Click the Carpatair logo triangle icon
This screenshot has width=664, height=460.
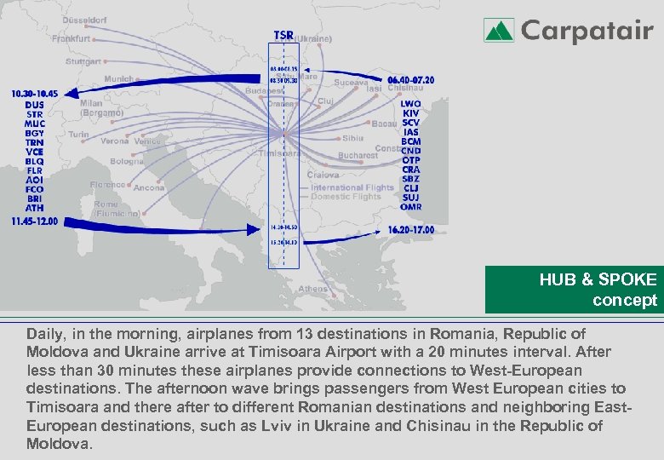tap(499, 31)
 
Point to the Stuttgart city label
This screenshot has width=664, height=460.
tap(83, 61)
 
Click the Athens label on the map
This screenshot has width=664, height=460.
tap(312, 289)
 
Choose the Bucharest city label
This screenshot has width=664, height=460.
tap(358, 156)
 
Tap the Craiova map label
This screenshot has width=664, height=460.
tap(323, 175)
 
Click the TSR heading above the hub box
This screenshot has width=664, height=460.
tap(283, 35)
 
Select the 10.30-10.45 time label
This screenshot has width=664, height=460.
tap(35, 93)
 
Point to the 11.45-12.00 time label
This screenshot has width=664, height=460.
tap(35, 221)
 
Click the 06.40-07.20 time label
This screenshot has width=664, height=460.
tap(411, 80)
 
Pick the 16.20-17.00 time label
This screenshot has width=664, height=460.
tap(411, 230)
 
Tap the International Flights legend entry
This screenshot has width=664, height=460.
tap(352, 187)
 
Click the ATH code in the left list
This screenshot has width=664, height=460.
tap(35, 207)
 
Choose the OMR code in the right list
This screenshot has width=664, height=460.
tap(411, 207)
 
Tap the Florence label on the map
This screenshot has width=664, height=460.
tap(108, 184)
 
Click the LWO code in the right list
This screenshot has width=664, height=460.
tap(411, 104)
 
